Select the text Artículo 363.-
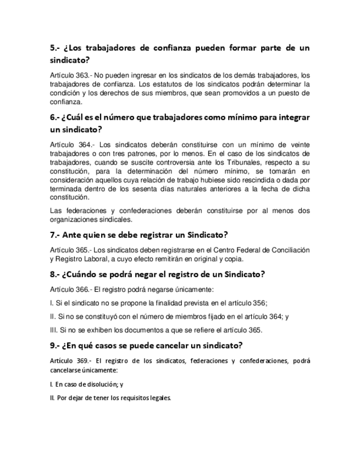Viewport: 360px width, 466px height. (x=71, y=75)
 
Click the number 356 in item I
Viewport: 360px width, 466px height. (x=259, y=303)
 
